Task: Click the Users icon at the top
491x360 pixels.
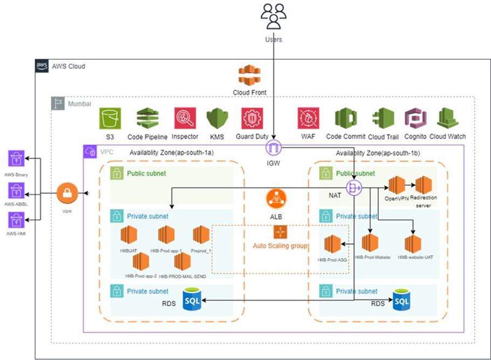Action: click(x=274, y=17)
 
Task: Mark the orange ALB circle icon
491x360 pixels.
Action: click(x=276, y=199)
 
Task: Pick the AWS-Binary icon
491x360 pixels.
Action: click(x=16, y=159)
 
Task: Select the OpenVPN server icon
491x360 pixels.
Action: click(x=397, y=185)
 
